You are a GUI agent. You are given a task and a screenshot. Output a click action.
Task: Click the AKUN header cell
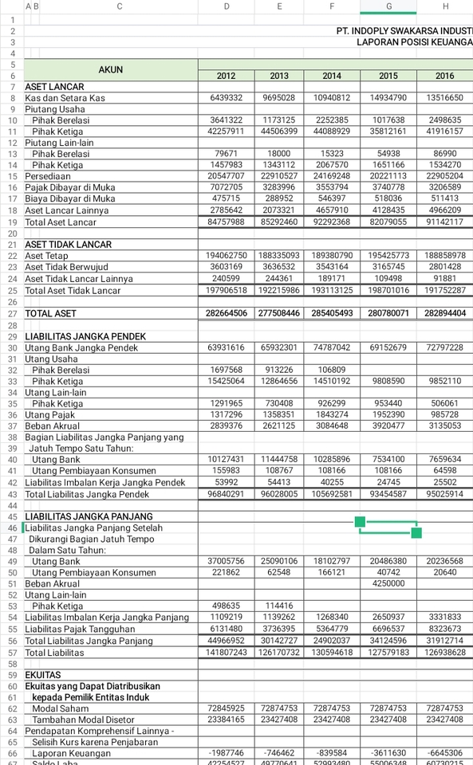coord(111,69)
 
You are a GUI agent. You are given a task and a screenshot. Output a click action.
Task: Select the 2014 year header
coord(332,76)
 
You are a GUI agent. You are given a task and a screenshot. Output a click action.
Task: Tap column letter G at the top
coord(388,6)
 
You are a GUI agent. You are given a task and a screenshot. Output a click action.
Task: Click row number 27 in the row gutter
coord(12,314)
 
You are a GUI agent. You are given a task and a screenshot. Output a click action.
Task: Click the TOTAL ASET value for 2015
coord(388,314)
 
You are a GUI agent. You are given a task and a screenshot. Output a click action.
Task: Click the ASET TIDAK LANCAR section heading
coord(68,245)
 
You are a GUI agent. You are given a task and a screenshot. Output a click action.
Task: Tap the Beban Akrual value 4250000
coord(388,583)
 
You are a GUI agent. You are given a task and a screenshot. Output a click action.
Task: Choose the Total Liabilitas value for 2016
coord(444,652)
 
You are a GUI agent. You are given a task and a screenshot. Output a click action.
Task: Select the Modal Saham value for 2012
coord(226,708)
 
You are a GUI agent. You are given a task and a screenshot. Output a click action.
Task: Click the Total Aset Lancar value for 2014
coord(332,222)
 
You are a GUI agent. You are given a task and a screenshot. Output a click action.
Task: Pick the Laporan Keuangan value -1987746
coord(226,753)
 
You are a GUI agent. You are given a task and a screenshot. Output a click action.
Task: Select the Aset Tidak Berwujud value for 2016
coord(444,267)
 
